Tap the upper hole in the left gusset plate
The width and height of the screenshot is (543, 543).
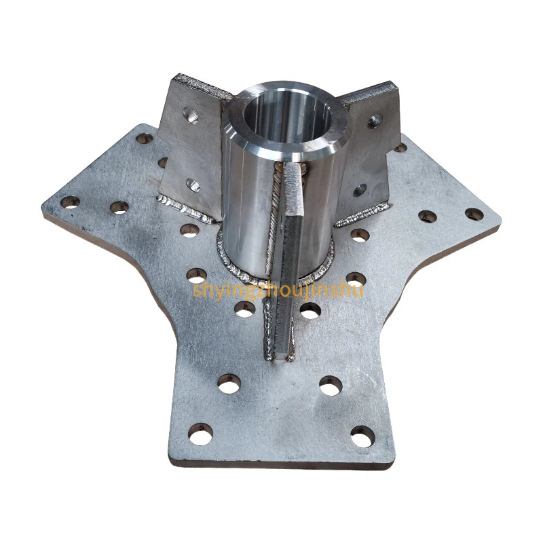(x=191, y=115)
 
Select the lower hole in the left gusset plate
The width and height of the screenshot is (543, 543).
(x=193, y=185)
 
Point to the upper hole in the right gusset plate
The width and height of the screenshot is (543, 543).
(x=375, y=121)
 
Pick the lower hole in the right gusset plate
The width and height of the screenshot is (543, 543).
(x=360, y=190)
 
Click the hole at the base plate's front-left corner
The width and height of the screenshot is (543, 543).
(x=200, y=434)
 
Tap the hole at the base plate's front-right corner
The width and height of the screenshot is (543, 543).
(x=363, y=436)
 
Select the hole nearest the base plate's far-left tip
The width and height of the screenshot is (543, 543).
(x=71, y=202)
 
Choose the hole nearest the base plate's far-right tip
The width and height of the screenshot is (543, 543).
(x=474, y=214)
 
